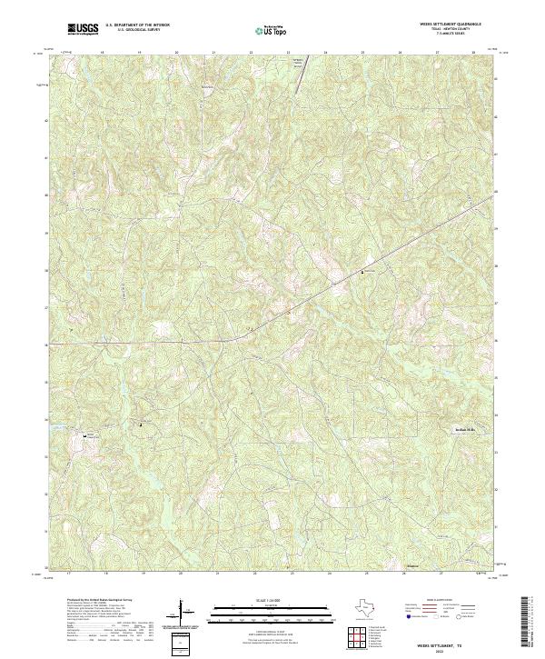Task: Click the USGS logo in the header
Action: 84,30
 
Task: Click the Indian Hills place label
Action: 464,431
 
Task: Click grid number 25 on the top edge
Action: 362,53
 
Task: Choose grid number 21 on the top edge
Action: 213,53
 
